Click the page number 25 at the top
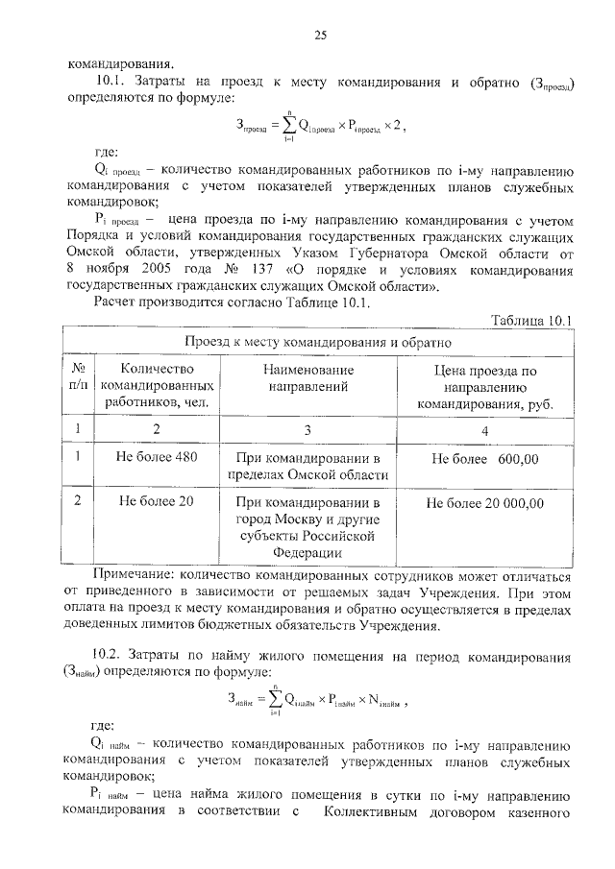click(320, 36)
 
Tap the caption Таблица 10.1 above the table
click(531, 320)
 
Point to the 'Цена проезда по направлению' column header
click(484, 386)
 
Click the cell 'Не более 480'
click(157, 457)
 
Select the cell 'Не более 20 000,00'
click(484, 502)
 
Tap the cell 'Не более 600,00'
click(484, 458)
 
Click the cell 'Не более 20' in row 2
click(157, 501)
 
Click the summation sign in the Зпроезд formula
click(285, 124)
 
